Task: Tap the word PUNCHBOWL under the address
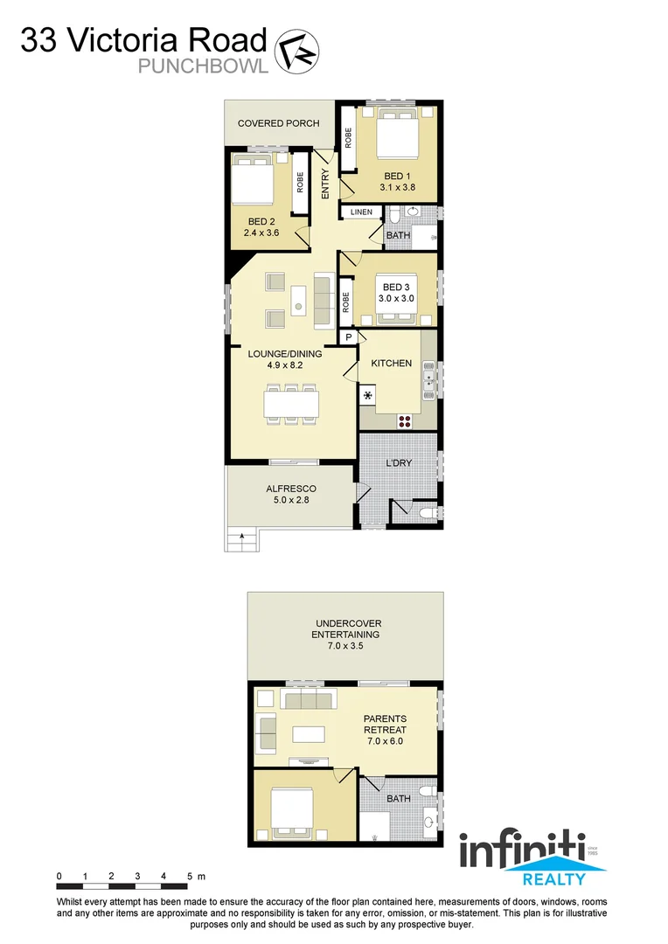tap(203, 66)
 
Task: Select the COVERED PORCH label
tap(279, 123)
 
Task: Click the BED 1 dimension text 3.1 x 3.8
tap(397, 186)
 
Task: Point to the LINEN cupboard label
tap(361, 212)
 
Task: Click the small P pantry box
tap(348, 337)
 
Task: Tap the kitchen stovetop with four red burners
tap(405, 420)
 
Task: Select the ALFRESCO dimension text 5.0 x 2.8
tap(290, 502)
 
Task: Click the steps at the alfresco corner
tap(242, 541)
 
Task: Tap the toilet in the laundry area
tap(428, 513)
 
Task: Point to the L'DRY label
tap(399, 463)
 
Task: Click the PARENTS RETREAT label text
tap(386, 725)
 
